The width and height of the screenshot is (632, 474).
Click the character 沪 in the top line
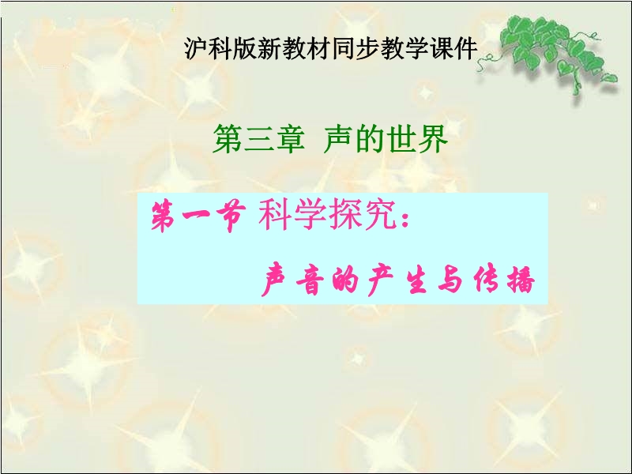pos(196,49)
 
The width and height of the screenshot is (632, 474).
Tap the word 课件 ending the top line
pos(453,49)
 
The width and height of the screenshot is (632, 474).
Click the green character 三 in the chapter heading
pos(258,139)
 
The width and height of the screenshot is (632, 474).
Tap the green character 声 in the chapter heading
pos(339,139)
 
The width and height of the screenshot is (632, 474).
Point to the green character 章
pos(289,139)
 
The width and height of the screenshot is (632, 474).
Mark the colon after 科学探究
pos(405,220)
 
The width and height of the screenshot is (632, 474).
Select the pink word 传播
pos(504,280)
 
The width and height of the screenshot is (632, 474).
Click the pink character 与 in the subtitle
pos(450,280)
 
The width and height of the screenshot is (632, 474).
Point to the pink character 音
pos(310,280)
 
